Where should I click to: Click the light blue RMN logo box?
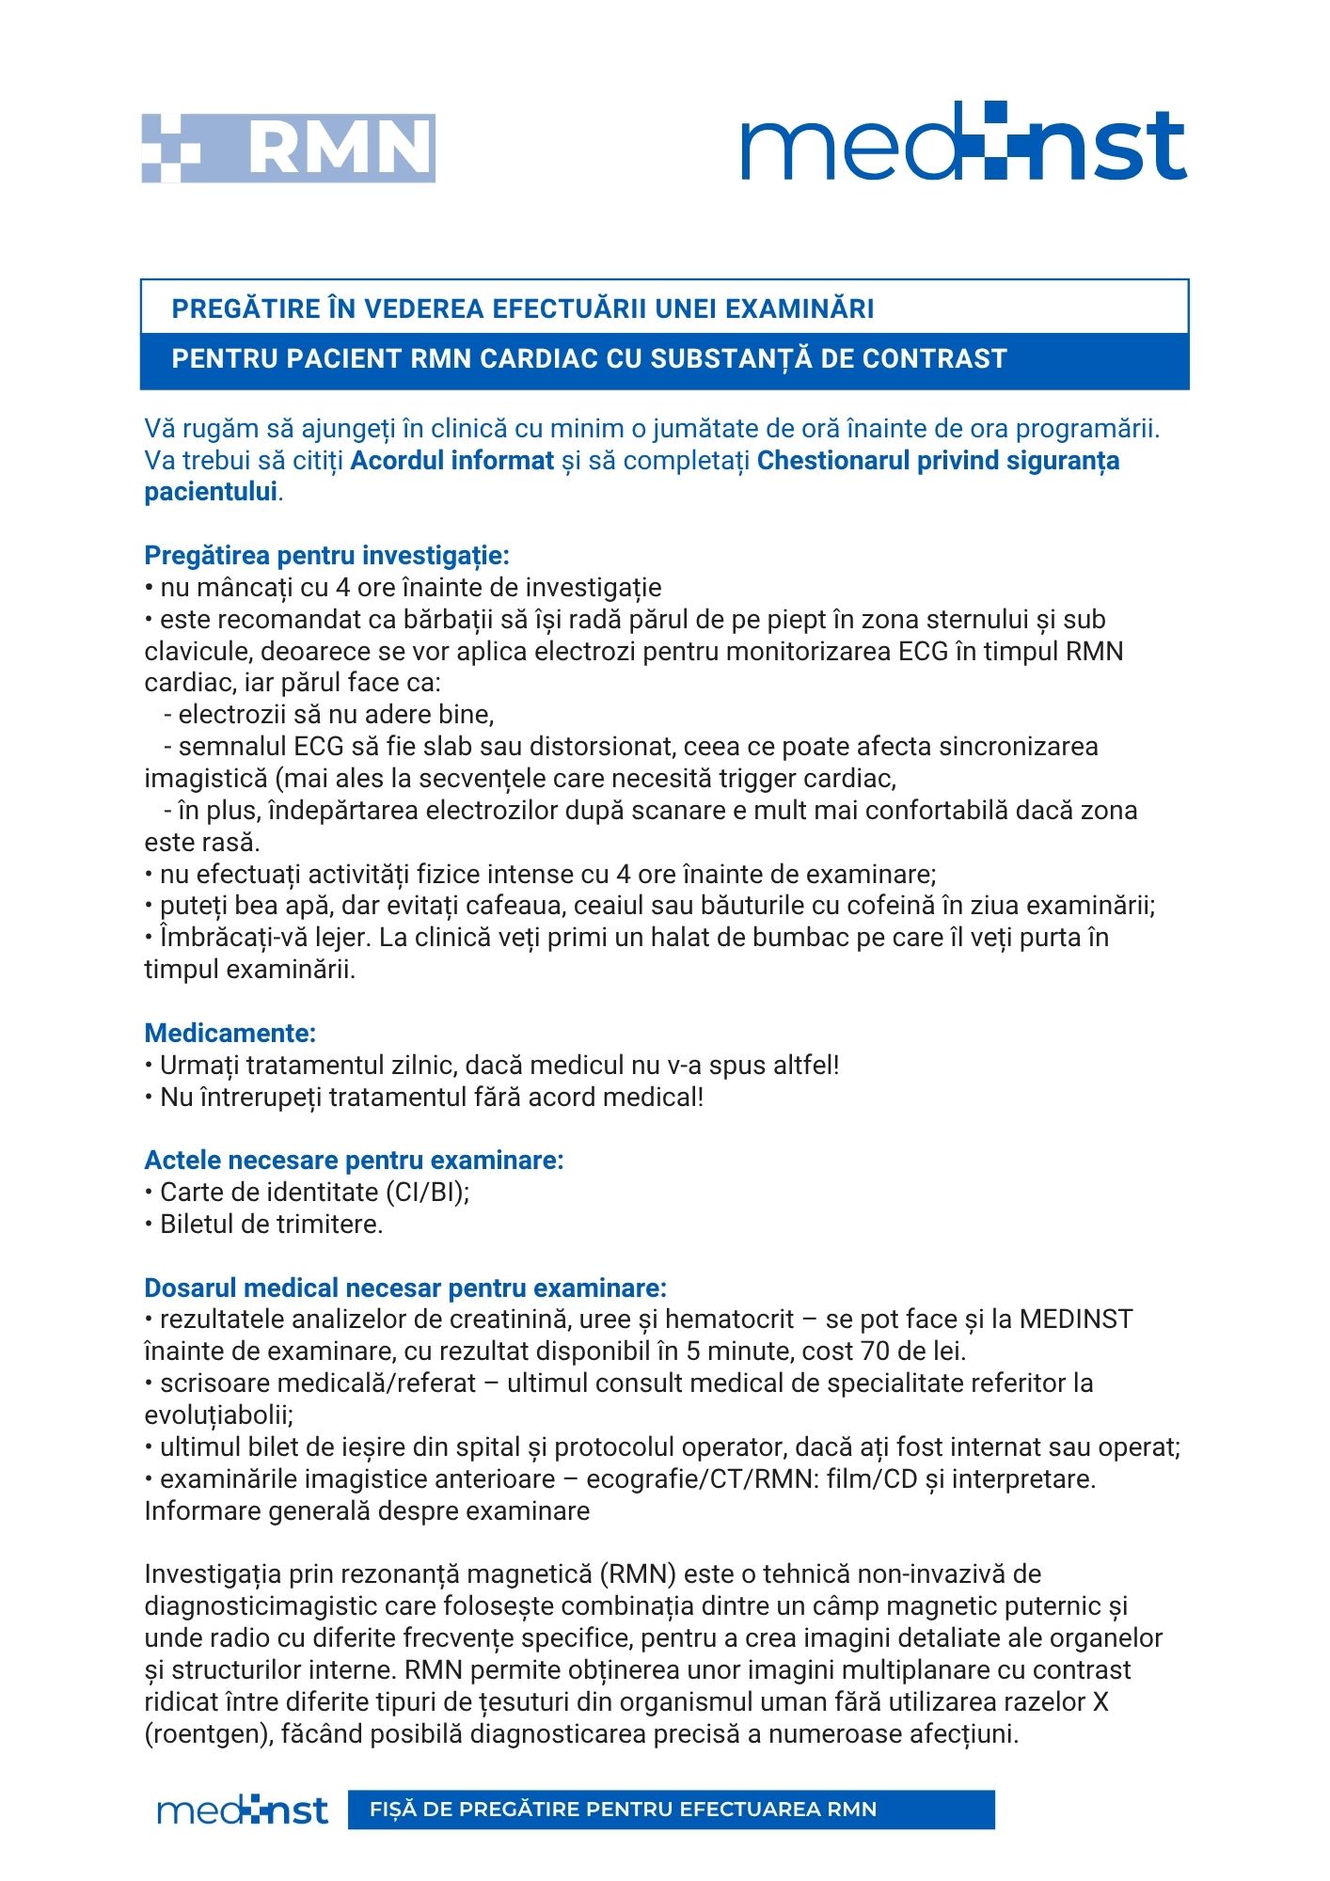tap(288, 148)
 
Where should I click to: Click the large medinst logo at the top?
tap(963, 143)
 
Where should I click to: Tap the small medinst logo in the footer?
tap(243, 1810)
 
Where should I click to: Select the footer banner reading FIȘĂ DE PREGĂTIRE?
tap(671, 1810)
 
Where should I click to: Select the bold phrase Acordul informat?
tap(452, 461)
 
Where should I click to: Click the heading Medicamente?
tap(230, 1033)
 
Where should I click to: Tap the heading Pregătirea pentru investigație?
tap(326, 556)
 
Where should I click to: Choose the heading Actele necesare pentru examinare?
tap(354, 1161)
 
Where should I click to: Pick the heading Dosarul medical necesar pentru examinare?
tap(405, 1288)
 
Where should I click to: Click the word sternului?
tap(977, 620)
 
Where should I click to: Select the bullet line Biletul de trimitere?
tap(271, 1225)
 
